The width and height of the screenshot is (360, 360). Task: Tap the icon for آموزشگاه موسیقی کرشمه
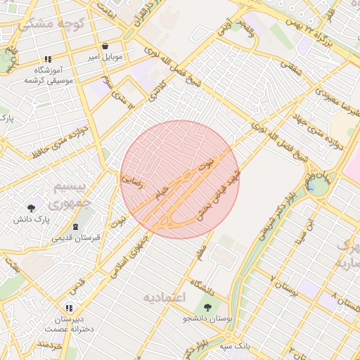(x=47, y=60)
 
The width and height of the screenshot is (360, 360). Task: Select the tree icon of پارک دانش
(x=31, y=208)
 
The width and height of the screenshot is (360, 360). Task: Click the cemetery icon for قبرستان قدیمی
(x=76, y=226)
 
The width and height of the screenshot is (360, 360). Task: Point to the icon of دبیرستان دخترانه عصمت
(x=68, y=308)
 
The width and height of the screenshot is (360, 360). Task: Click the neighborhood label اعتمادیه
(x=164, y=297)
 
